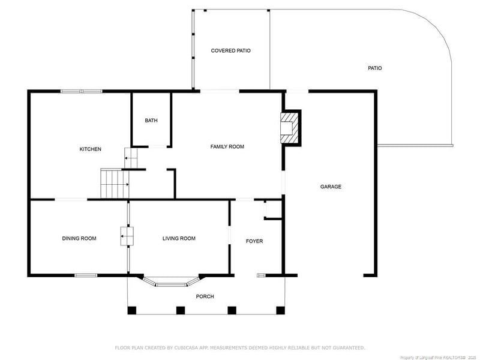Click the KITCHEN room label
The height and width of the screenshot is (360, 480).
click(x=91, y=149)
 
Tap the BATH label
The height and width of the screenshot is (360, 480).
click(x=151, y=121)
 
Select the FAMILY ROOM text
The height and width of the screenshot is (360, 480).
click(x=227, y=146)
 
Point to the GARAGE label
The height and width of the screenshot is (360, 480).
click(x=331, y=187)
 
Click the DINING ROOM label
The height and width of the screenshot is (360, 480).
click(x=79, y=238)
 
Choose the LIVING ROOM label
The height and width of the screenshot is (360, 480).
click(x=179, y=238)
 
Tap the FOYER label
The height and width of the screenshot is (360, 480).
click(x=254, y=241)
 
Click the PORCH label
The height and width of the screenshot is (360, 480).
click(x=205, y=296)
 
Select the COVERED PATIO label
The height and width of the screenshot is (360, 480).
click(x=230, y=50)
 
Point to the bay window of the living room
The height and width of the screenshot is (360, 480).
click(x=171, y=282)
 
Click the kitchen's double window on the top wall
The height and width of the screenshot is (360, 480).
click(x=82, y=91)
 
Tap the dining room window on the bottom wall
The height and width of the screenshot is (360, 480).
click(x=86, y=275)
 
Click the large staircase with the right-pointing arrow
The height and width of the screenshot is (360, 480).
click(x=115, y=184)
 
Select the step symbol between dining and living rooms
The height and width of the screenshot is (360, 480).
click(x=127, y=236)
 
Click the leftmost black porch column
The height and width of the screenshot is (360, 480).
click(x=131, y=310)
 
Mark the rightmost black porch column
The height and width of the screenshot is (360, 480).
click(x=280, y=310)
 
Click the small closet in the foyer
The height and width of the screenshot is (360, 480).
click(x=273, y=209)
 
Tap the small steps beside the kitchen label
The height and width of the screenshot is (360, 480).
click(x=131, y=158)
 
